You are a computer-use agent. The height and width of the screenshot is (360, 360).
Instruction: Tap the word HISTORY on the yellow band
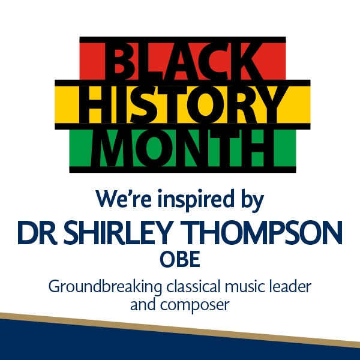click(x=182, y=104)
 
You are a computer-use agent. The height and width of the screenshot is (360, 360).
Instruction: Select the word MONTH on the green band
click(x=182, y=148)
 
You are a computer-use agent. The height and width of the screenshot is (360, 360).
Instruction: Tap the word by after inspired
click(x=253, y=200)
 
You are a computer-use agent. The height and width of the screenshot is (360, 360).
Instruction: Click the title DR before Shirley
click(x=37, y=232)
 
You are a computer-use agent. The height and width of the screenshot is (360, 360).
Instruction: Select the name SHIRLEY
click(x=118, y=232)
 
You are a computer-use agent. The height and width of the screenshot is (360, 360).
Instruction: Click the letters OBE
click(x=180, y=259)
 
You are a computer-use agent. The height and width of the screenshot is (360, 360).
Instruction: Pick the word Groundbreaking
click(x=105, y=287)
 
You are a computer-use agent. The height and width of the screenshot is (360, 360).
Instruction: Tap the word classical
click(x=193, y=286)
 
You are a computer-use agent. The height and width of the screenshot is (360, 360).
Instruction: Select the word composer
click(x=195, y=305)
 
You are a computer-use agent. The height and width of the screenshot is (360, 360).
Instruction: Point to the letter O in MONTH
click(x=155, y=148)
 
